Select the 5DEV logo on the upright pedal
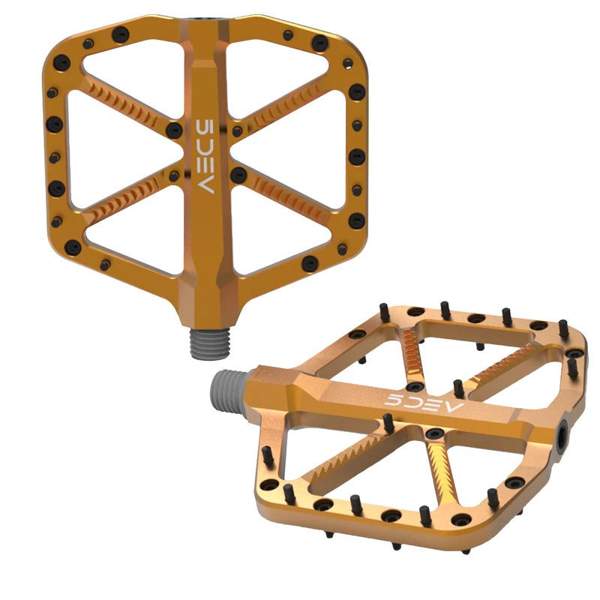(204, 154)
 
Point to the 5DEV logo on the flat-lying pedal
(424, 401)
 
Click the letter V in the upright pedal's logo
(205, 185)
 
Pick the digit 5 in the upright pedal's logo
(204, 124)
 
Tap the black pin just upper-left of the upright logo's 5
(174, 128)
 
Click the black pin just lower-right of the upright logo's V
(238, 175)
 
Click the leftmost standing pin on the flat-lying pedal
(267, 454)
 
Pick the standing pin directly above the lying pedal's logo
(458, 388)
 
